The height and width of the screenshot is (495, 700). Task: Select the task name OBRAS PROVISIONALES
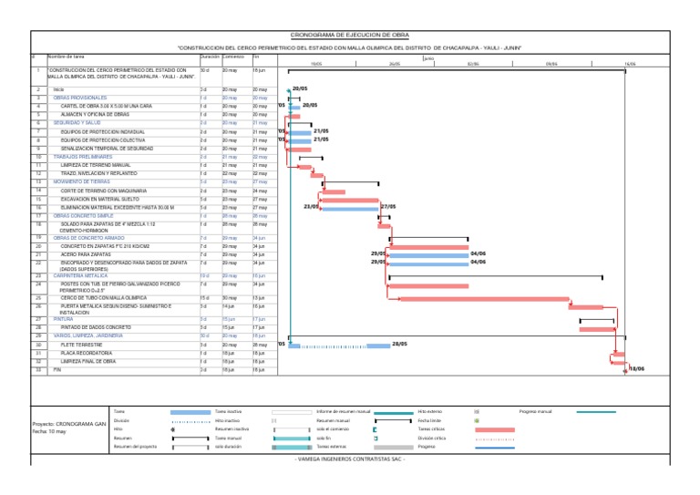point(80,98)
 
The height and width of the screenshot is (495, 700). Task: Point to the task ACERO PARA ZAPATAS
point(87,253)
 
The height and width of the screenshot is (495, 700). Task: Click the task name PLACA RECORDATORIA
point(83,353)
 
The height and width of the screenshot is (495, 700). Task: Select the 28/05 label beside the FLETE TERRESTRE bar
point(399,345)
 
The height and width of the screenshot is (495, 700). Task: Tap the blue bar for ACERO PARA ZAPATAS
point(427,254)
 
